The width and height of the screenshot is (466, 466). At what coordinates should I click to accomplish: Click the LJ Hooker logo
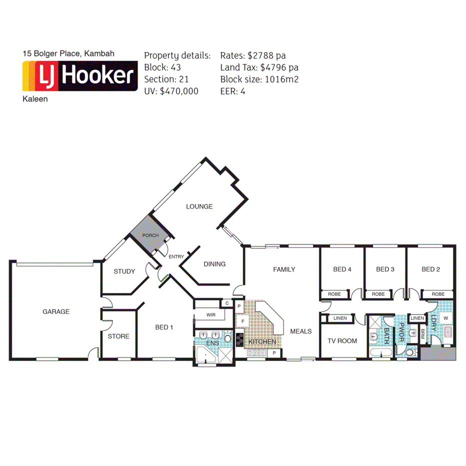coord(80,76)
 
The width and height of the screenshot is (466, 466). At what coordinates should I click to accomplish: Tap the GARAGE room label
coord(55,311)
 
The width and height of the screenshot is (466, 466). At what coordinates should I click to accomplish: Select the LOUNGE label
coord(199,206)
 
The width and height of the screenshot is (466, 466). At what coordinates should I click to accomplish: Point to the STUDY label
coord(124,271)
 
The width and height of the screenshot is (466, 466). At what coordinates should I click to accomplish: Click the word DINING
coord(214,264)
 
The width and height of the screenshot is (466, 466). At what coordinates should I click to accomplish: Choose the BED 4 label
coord(342,269)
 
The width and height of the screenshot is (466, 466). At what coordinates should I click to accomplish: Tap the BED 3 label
coord(385,269)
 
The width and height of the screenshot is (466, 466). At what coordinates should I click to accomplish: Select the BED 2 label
coord(430,269)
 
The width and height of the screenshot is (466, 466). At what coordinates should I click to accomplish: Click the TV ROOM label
coord(342,341)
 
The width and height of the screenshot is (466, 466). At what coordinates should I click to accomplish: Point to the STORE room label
coord(118,336)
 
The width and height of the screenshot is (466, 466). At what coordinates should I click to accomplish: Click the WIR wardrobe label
coord(210,315)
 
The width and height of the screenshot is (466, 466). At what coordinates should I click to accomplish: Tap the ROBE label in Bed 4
coord(334,294)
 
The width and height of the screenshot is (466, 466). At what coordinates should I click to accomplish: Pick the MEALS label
coord(300,331)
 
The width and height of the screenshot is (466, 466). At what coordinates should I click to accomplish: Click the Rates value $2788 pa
coord(266,56)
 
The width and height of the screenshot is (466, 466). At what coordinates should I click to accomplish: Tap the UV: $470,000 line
coord(171,91)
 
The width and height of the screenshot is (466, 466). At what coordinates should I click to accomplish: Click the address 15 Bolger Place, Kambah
coord(68,53)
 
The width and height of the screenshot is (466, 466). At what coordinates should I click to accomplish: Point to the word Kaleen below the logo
coord(35,99)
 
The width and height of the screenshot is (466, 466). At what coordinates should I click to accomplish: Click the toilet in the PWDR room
coord(409,352)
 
